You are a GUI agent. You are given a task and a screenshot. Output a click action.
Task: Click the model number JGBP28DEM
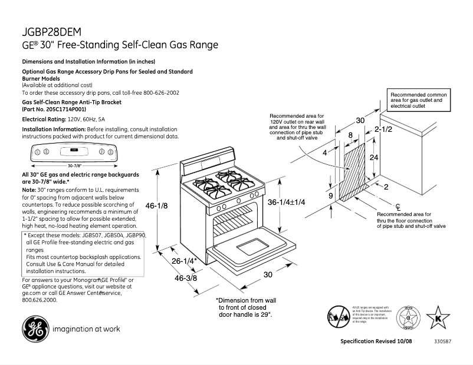[52, 32]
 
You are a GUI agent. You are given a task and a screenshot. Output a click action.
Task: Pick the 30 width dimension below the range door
[267, 274]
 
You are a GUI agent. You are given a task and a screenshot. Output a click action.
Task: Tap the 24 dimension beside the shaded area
[373, 158]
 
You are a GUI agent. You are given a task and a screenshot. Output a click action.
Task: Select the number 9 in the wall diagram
[331, 195]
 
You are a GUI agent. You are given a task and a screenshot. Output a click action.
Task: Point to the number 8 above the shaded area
[350, 135]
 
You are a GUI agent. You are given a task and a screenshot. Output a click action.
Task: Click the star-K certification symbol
[438, 318]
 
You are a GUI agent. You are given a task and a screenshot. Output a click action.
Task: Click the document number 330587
[444, 341]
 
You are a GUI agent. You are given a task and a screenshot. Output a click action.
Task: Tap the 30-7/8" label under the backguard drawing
[74, 165]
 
